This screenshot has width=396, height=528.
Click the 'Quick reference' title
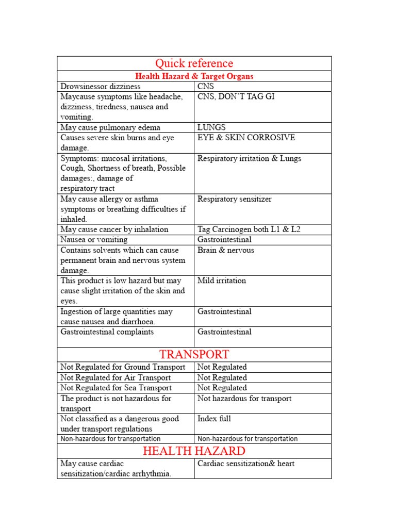tap(194, 63)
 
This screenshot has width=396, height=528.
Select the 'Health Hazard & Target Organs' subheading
tap(194, 76)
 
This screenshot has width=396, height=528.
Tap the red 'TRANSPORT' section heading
tap(194, 355)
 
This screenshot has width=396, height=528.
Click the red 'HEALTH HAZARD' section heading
tap(194, 451)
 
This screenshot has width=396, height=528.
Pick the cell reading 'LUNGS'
tap(211, 127)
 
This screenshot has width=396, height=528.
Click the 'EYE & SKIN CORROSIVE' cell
tap(246, 138)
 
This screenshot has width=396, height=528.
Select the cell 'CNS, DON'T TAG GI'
tap(236, 96)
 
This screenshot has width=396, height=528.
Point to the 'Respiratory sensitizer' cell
tap(234, 199)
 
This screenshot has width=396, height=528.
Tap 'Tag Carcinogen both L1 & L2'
tap(249, 229)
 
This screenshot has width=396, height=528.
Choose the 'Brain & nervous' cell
tap(225, 250)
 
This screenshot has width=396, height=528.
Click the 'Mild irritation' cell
tap(222, 280)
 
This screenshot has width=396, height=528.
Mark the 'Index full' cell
tap(214, 419)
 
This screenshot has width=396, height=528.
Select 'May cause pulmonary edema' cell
tap(110, 127)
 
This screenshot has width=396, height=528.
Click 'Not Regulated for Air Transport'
tap(115, 377)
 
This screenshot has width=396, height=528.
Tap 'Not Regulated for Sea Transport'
tap(116, 388)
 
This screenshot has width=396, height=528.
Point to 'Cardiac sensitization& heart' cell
tap(246, 464)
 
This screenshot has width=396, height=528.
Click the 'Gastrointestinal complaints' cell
tap(107, 332)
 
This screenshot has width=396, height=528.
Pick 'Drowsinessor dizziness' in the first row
tap(100, 86)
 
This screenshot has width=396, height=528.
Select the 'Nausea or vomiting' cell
tap(94, 240)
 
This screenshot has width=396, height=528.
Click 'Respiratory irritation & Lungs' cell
tap(249, 158)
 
